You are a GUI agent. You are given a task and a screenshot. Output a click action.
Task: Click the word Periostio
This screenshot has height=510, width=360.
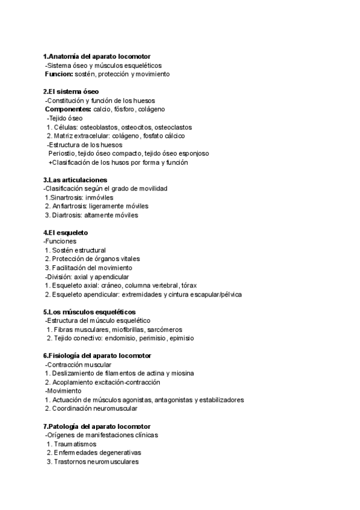coord(63,154)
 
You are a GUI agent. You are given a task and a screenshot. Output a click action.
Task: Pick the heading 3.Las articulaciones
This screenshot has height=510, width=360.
coord(75,180)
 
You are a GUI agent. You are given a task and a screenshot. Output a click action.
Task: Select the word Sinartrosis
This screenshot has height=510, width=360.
coord(69,197)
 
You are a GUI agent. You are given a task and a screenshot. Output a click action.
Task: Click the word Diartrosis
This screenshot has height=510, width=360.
coord(67,215)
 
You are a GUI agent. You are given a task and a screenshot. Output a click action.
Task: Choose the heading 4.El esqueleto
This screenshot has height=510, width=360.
coord(66,233)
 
